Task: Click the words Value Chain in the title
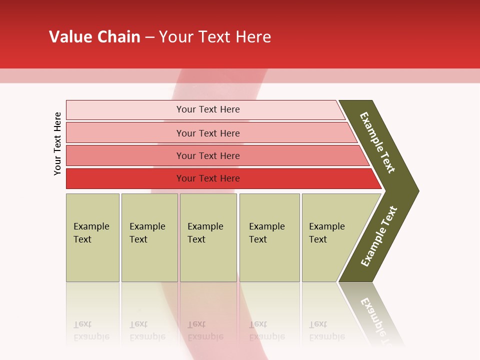pyautogui.click(x=94, y=36)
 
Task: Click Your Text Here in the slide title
pyautogui.click(x=215, y=36)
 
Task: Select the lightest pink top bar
pyautogui.click(x=125, y=109)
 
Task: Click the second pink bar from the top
pyautogui.click(x=125, y=133)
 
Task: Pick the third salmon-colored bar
pyautogui.click(x=125, y=155)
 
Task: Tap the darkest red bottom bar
pyautogui.click(x=125, y=178)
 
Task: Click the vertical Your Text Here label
pyautogui.click(x=57, y=144)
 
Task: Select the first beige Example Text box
pyautogui.click(x=92, y=237)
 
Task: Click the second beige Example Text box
pyautogui.click(x=149, y=237)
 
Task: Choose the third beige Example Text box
pyautogui.click(x=208, y=237)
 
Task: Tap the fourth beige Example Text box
pyautogui.click(x=269, y=237)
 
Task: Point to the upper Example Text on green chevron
pyautogui.click(x=377, y=142)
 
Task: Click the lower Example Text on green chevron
pyautogui.click(x=379, y=236)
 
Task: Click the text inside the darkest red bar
pyautogui.click(x=208, y=178)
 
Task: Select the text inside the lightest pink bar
pyautogui.click(x=208, y=109)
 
